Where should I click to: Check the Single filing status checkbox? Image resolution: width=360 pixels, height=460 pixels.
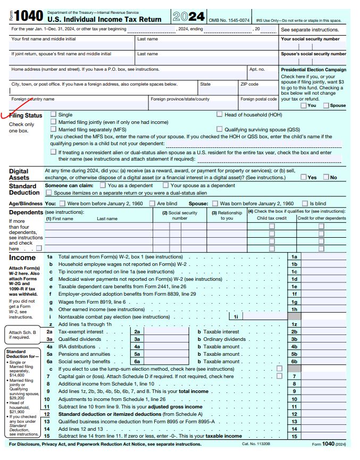click(53, 114)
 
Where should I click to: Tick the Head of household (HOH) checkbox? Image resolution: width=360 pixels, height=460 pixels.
click(220, 114)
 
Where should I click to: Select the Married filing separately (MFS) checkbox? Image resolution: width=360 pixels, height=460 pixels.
click(53, 129)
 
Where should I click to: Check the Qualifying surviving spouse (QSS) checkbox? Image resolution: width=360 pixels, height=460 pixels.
click(220, 129)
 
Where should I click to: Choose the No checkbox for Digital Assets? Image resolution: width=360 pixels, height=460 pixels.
click(326, 177)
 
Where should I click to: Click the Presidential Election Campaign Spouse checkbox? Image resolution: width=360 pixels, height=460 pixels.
click(326, 105)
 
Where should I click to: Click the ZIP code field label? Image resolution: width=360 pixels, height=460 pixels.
click(249, 84)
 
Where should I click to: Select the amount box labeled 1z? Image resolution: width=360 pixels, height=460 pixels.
click(294, 324)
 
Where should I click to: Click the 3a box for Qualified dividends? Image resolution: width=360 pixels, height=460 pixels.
click(137, 339)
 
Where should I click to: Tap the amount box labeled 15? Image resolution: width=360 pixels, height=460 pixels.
click(294, 436)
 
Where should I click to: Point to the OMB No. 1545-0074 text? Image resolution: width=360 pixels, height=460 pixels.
click(229, 20)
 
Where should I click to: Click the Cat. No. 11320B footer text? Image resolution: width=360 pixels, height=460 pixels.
click(256, 444)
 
